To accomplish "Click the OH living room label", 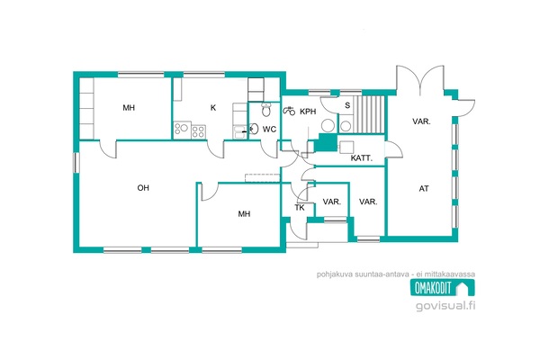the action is [143, 188].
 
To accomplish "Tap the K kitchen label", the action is [213, 108].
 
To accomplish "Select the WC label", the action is [269, 130].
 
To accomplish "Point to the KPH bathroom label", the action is [308, 112].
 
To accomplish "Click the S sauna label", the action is [347, 105].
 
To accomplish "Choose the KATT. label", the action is [362, 158].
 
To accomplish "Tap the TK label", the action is [300, 208].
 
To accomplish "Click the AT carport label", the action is [424, 188].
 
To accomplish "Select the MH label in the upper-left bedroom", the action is [129, 108].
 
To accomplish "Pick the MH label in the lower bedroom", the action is [244, 214].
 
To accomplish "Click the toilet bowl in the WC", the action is [265, 109].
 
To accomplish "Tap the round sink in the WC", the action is [254, 129].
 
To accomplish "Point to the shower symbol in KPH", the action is [289, 111].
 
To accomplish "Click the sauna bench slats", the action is [370, 114].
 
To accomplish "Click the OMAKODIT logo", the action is [443, 287].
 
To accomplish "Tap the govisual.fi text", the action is [445, 305].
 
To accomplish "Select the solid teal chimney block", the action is [326, 142].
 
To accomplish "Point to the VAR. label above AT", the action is [421, 121].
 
